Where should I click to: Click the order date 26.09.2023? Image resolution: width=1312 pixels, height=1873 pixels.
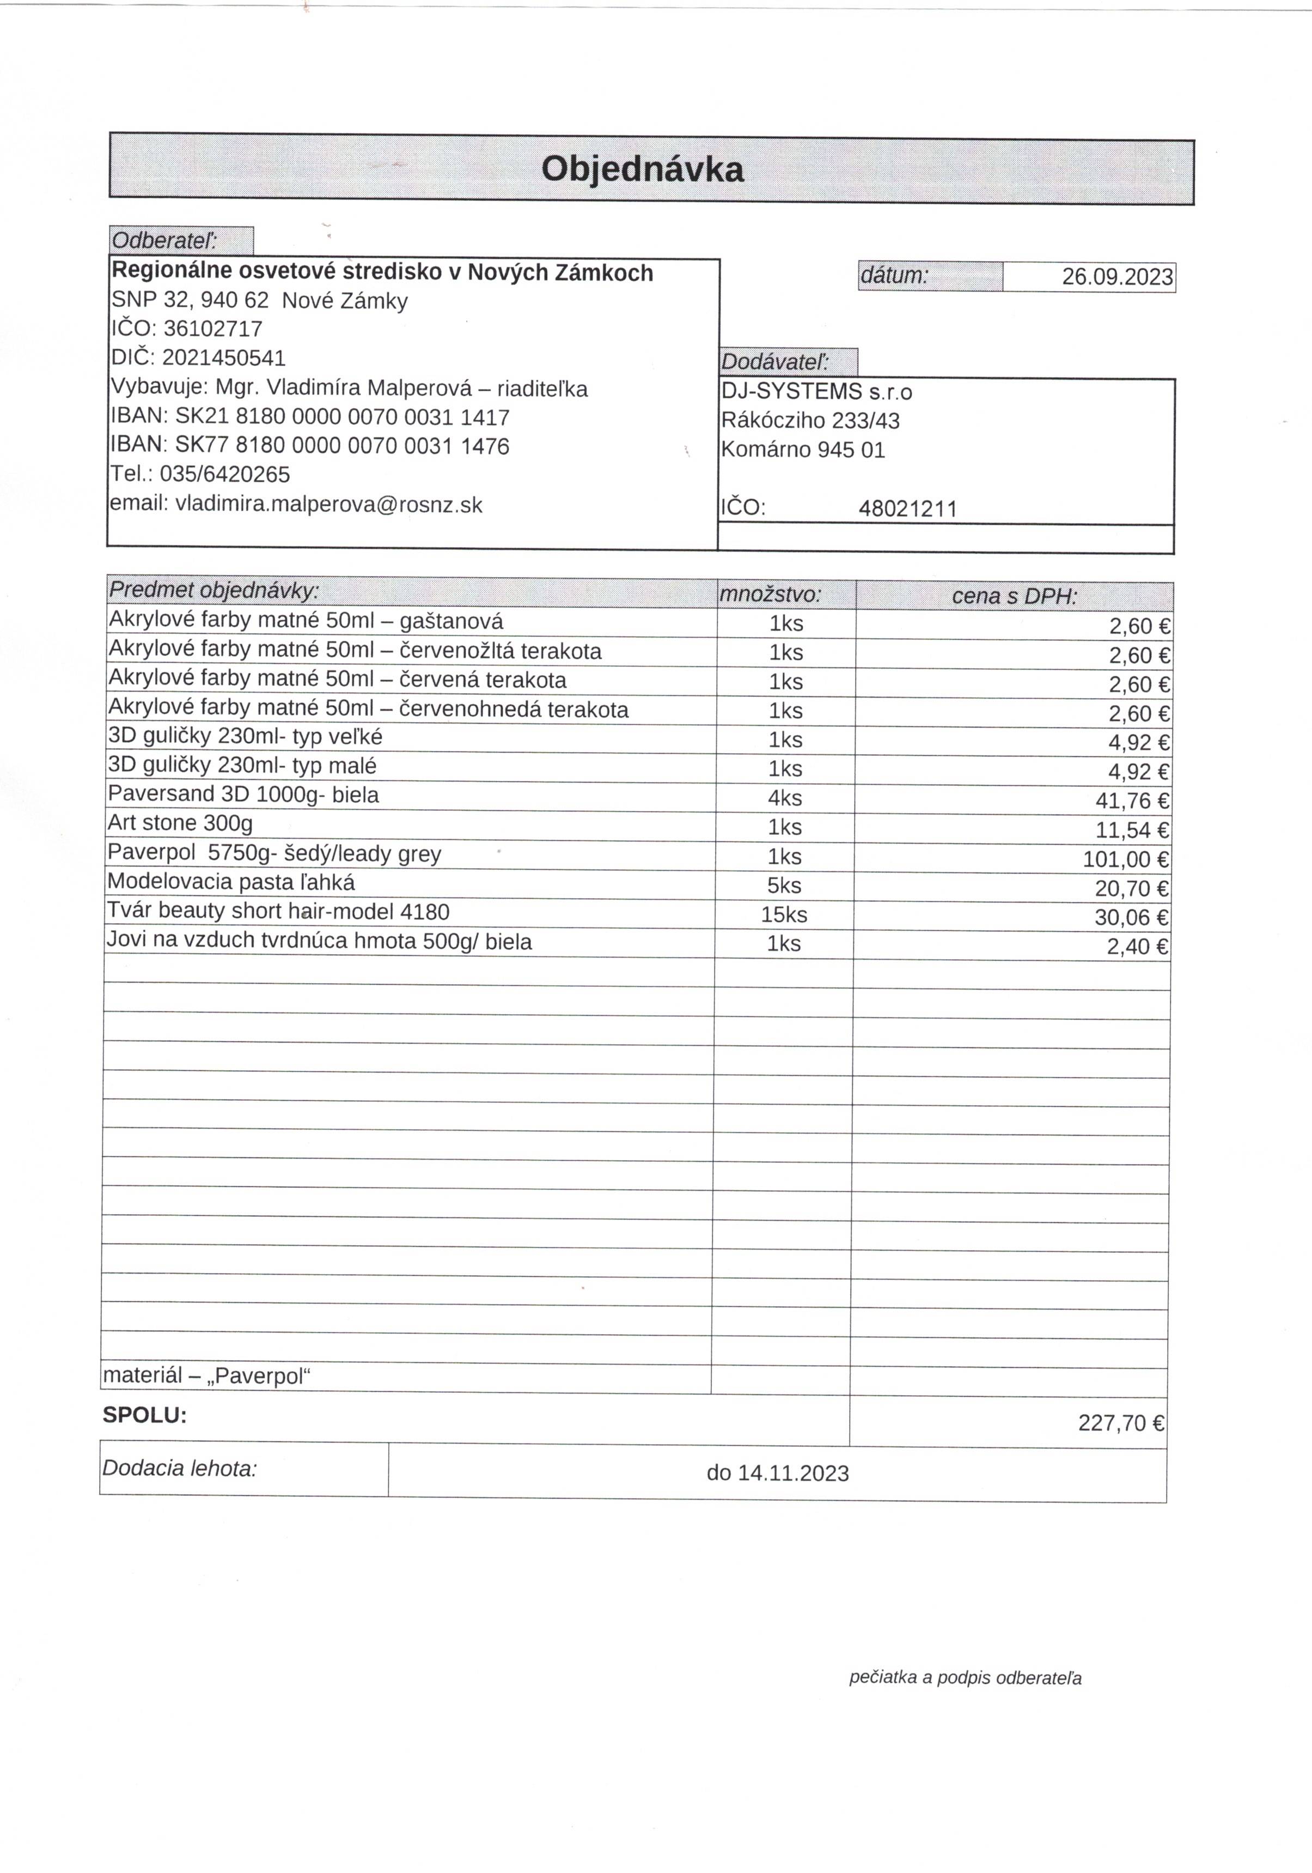[x=1116, y=276]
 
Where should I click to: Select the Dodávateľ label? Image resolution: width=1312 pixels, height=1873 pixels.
[x=774, y=361]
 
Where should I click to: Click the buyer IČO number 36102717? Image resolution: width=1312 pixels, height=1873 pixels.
[x=213, y=329]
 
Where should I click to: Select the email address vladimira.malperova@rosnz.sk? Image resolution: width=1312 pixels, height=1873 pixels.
[x=328, y=504]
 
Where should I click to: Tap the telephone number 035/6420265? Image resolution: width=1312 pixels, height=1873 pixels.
[x=224, y=474]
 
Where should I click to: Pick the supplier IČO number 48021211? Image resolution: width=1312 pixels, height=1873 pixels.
[x=907, y=509]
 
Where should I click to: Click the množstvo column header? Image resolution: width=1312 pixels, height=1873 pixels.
[x=770, y=595]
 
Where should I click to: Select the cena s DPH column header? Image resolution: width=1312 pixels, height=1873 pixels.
[x=1014, y=596]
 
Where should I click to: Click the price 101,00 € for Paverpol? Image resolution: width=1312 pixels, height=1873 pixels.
[x=1125, y=859]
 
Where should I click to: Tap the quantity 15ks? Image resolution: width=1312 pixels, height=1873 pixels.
[x=784, y=914]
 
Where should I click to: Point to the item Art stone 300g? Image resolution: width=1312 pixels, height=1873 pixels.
[x=180, y=822]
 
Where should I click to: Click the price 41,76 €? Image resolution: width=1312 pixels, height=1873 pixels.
[x=1132, y=801]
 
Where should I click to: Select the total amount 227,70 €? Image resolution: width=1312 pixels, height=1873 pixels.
[x=1120, y=1423]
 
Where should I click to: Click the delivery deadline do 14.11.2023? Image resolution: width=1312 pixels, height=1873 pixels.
[x=777, y=1472]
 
